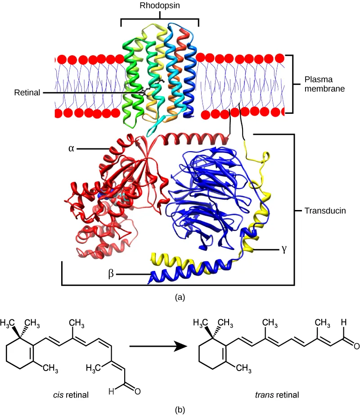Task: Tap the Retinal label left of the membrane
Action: tap(27, 93)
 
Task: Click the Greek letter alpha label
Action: tap(71, 148)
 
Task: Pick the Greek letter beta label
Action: tap(111, 274)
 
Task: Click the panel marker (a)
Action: tap(180, 297)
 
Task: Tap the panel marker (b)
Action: tap(180, 410)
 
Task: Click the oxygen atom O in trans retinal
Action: tap(356, 346)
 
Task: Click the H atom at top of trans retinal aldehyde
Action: tap(343, 322)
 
